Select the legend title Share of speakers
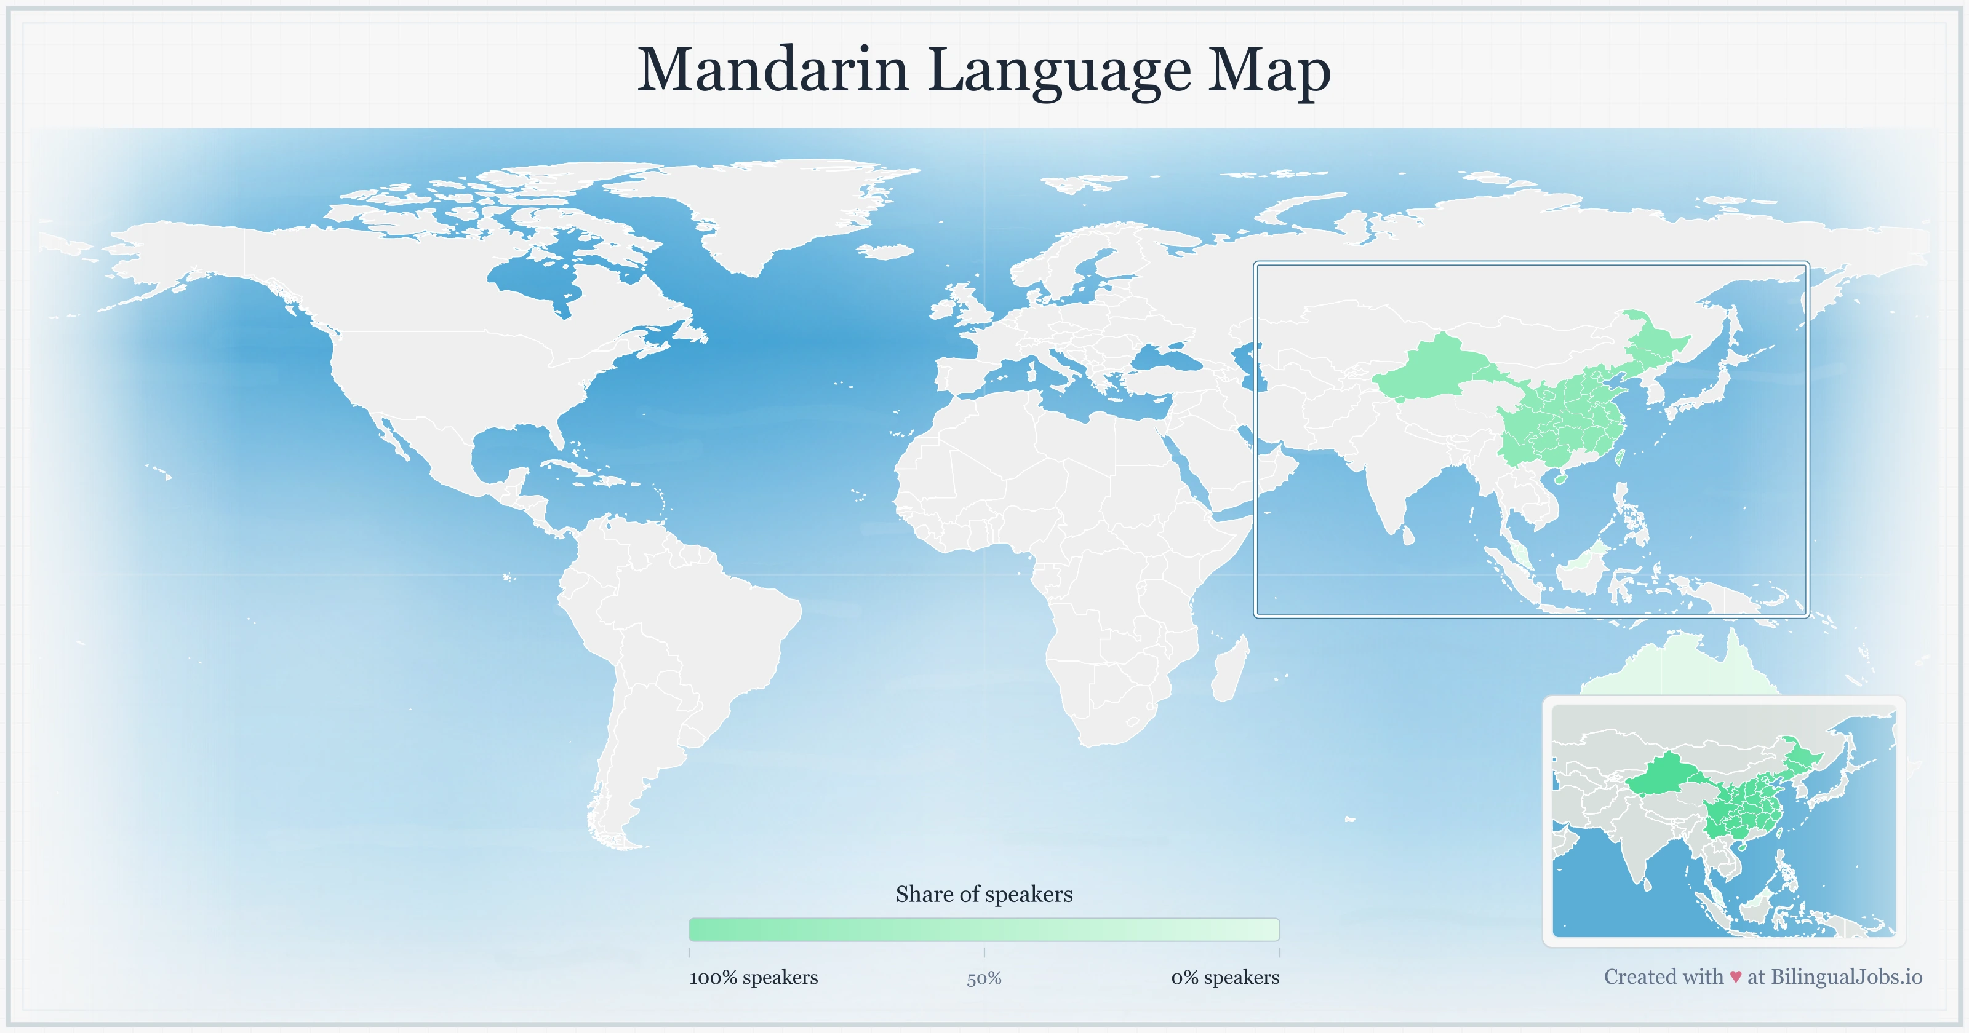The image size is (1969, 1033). tap(984, 894)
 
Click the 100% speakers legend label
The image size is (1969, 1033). tap(753, 977)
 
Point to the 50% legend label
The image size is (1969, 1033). tap(984, 978)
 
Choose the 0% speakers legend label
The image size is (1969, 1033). tap(1224, 977)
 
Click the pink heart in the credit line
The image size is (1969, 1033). tap(1736, 977)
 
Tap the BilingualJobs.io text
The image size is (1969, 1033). tap(1846, 976)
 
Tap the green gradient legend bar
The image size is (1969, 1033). tap(984, 929)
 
